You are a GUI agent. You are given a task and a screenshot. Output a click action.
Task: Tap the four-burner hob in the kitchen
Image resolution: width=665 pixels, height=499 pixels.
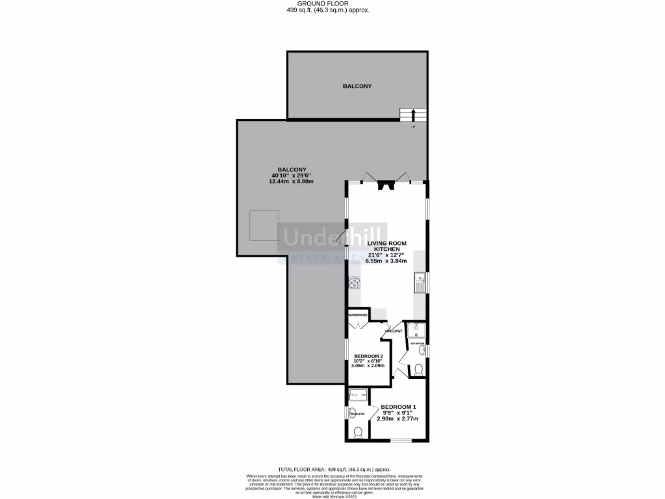coord(355,282)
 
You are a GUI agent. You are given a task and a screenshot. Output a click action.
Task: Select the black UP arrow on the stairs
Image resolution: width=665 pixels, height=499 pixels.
coord(413,116)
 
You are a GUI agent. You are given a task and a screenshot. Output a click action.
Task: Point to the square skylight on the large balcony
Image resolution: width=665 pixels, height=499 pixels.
coord(265,225)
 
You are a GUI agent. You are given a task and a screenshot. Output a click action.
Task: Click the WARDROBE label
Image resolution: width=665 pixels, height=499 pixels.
coord(358,315)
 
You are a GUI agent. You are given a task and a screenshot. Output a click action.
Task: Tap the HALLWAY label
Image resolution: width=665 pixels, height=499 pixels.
coord(394,331)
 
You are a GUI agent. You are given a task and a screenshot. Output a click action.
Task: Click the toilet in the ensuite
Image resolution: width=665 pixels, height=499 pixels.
coord(357,432)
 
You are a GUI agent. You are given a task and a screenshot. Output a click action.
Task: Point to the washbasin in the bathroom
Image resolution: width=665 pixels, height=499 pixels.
coord(422,351)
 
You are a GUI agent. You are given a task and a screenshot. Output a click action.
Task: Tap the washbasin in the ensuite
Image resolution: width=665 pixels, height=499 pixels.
coord(349,413)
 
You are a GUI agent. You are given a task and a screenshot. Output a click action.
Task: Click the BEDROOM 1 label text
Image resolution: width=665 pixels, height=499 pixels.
coord(398,407)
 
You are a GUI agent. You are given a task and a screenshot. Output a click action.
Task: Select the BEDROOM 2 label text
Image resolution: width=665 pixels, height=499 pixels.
coord(368,356)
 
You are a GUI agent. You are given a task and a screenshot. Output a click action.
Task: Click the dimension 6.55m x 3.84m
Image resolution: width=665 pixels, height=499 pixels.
coord(386,261)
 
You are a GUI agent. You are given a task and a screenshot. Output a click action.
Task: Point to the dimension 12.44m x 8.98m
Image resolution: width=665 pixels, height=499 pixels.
coord(291,181)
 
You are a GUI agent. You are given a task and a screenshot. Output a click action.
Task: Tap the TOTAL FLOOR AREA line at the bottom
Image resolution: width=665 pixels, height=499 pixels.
coord(334,469)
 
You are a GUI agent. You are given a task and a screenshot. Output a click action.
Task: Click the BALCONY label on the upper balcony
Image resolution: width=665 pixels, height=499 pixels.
coord(357,86)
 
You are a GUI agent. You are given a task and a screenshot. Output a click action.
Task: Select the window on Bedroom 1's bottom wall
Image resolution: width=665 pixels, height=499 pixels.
coord(401,441)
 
